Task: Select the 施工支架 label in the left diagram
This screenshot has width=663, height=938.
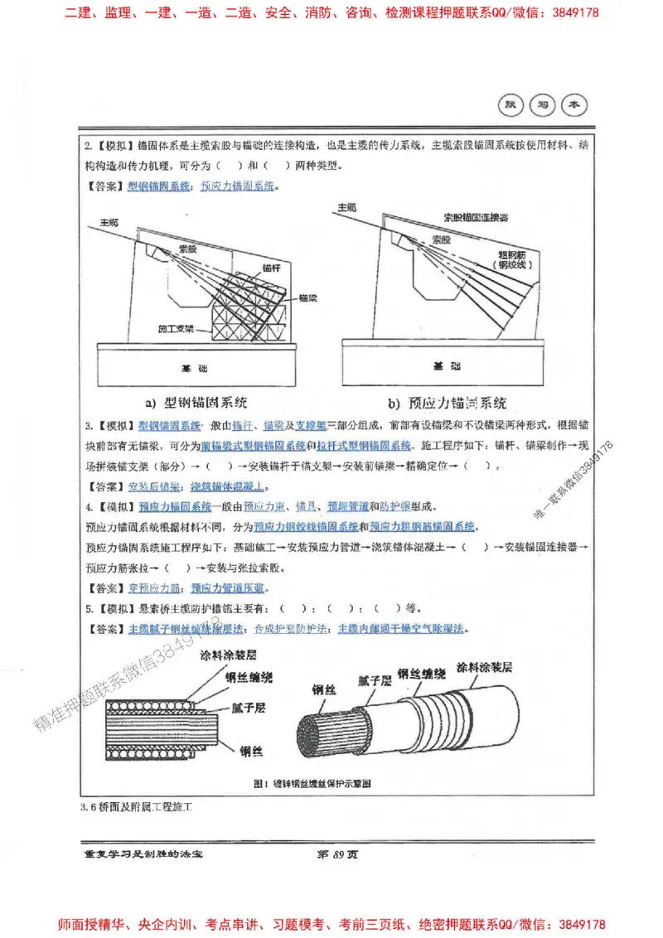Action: [175, 329]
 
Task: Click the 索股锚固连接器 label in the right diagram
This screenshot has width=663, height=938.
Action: [476, 217]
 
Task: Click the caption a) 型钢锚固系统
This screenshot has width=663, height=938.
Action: [196, 404]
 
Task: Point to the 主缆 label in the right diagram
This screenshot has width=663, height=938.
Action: [346, 206]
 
